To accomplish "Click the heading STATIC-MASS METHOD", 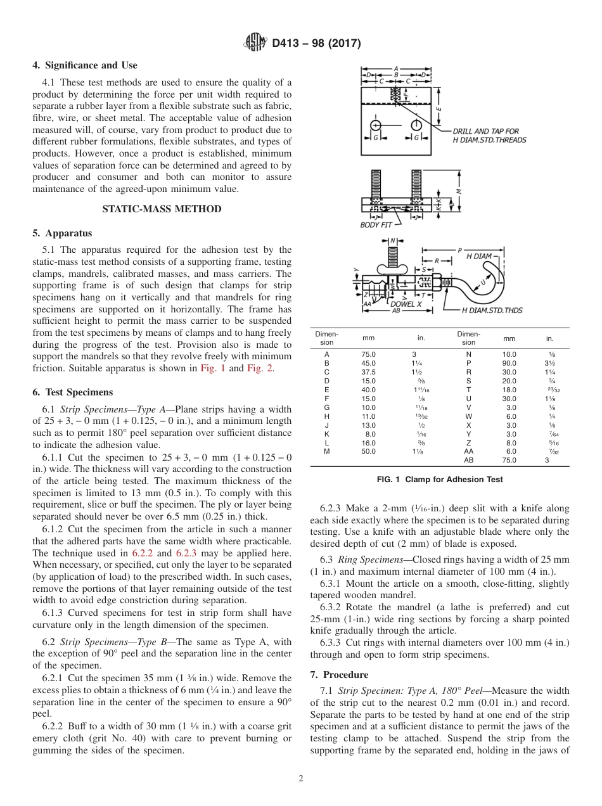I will [x=162, y=209].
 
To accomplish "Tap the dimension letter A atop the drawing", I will [x=396, y=68].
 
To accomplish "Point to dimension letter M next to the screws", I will [x=459, y=191].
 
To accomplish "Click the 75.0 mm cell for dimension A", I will [x=368, y=355].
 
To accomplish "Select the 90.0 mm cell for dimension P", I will [x=509, y=363].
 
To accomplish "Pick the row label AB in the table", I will [x=468, y=461].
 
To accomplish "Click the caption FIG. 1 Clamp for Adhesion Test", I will [x=440, y=480].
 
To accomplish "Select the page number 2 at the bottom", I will [x=301, y=779].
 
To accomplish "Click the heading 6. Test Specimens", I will [x=72, y=392].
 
